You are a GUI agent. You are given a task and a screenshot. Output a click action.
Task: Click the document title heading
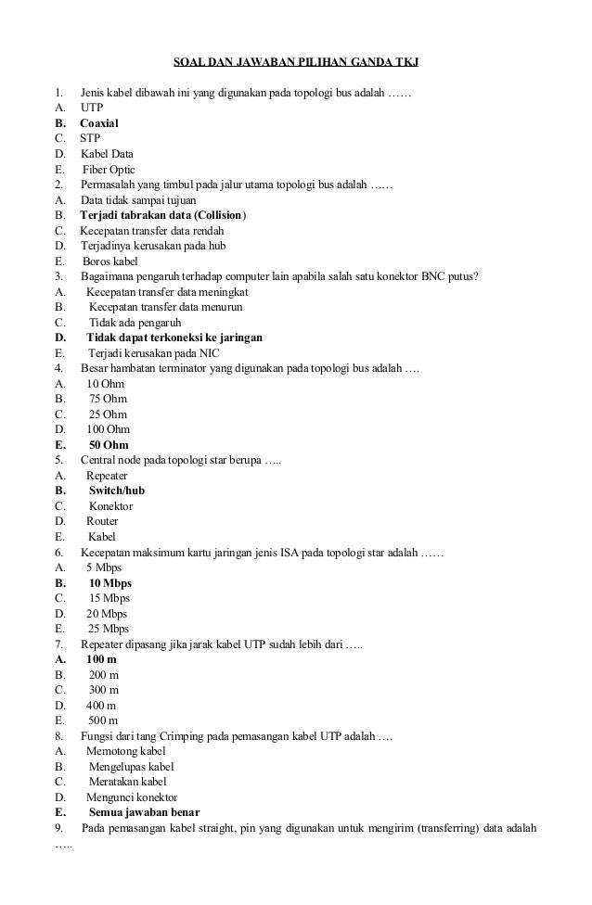pyautogui.click(x=296, y=63)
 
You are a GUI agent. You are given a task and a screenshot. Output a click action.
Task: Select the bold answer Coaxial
pyautogui.click(x=98, y=122)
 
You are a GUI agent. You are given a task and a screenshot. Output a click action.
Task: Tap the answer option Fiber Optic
pyautogui.click(x=109, y=170)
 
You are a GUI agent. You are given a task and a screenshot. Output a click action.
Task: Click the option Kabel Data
pyautogui.click(x=107, y=154)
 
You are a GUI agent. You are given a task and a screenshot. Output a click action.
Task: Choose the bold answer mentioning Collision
pyautogui.click(x=163, y=215)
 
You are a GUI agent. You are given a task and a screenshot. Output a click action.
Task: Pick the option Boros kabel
pyautogui.click(x=109, y=261)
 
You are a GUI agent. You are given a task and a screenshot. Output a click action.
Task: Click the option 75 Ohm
pyautogui.click(x=108, y=399)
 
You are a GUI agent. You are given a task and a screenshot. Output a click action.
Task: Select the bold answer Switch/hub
pyautogui.click(x=116, y=491)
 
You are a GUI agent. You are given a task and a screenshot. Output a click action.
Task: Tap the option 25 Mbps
pyautogui.click(x=108, y=629)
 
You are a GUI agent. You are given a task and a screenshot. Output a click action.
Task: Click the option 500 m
pyautogui.click(x=103, y=720)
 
